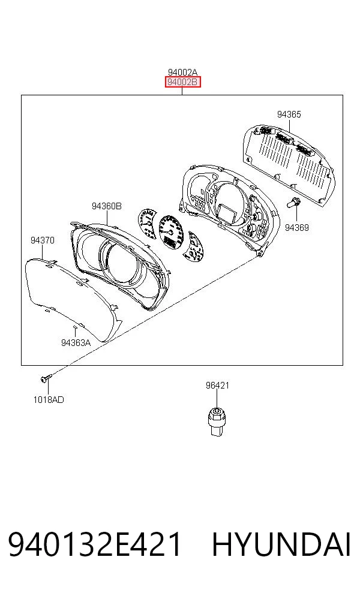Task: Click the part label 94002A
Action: [x=182, y=72]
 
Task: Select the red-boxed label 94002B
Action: [x=182, y=82]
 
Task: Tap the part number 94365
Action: [x=289, y=115]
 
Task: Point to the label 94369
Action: [x=297, y=228]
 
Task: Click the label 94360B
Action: [x=107, y=206]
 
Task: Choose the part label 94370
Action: [x=43, y=240]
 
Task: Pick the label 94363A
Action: [x=76, y=343]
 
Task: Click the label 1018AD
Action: [x=49, y=400]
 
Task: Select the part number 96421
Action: [x=217, y=386]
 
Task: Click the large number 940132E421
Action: [x=95, y=545]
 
